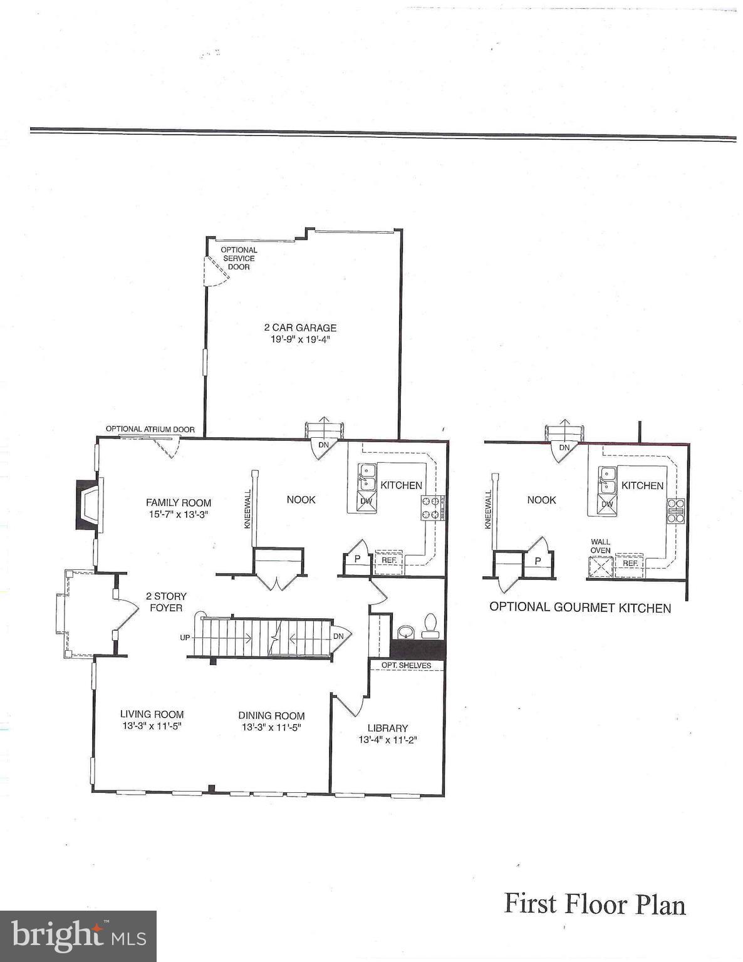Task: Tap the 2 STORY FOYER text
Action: (166, 602)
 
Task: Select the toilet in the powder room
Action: (430, 625)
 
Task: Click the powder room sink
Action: (407, 629)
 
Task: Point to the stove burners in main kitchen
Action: (432, 507)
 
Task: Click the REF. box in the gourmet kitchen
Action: (630, 562)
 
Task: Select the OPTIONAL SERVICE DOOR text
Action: (239, 258)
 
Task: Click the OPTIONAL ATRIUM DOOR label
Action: (150, 430)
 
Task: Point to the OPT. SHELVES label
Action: (406, 665)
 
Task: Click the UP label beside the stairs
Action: (185, 638)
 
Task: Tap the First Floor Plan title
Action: (595, 904)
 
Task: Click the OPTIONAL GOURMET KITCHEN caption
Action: (580, 608)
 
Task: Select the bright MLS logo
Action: (78, 936)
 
